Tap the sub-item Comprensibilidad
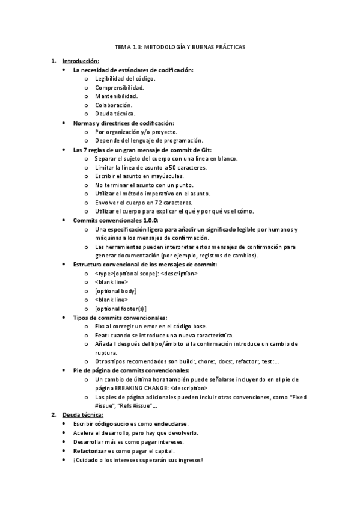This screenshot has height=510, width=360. [119, 87]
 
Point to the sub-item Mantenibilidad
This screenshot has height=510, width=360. [116, 96]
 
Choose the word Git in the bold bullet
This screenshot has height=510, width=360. [206, 149]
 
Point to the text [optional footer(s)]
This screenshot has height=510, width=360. [120, 308]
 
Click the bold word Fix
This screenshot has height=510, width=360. [100, 326]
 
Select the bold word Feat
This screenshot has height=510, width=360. [101, 335]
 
